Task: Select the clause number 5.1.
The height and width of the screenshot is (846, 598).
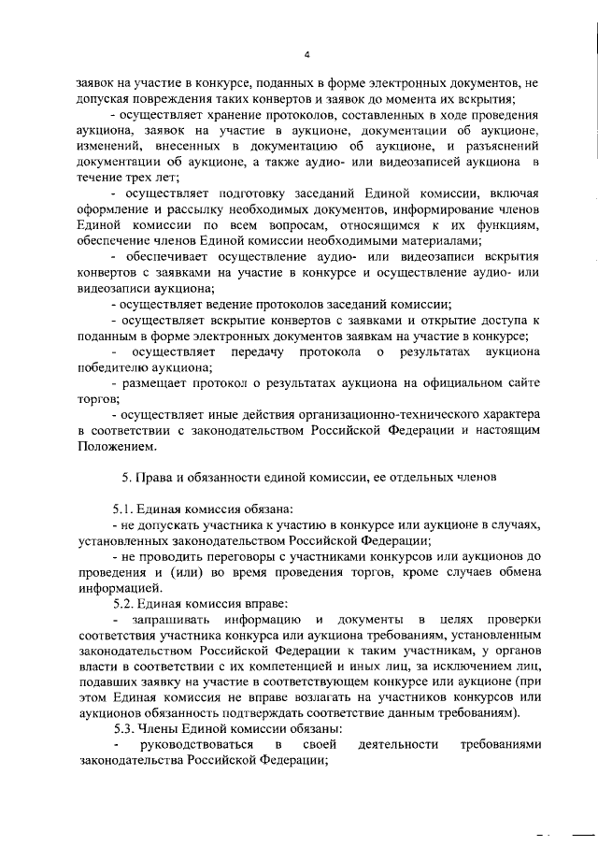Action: [124, 509]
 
